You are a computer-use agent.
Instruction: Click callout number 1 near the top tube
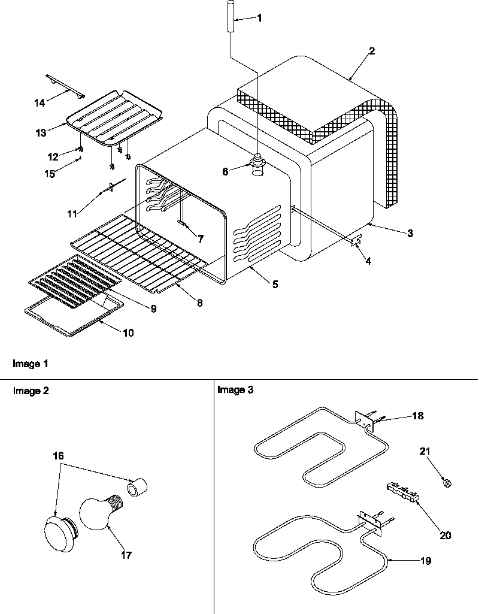click(259, 18)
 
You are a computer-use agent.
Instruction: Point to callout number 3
click(410, 234)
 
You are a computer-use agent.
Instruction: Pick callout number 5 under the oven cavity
click(274, 285)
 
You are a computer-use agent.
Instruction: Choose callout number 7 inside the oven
click(200, 238)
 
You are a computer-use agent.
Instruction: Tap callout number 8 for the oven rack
click(199, 303)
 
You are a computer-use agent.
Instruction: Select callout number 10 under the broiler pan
click(128, 332)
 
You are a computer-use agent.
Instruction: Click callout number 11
click(72, 213)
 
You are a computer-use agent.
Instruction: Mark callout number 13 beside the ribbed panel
click(41, 133)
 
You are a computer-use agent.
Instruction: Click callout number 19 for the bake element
click(426, 561)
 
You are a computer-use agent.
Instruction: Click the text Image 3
click(235, 390)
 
